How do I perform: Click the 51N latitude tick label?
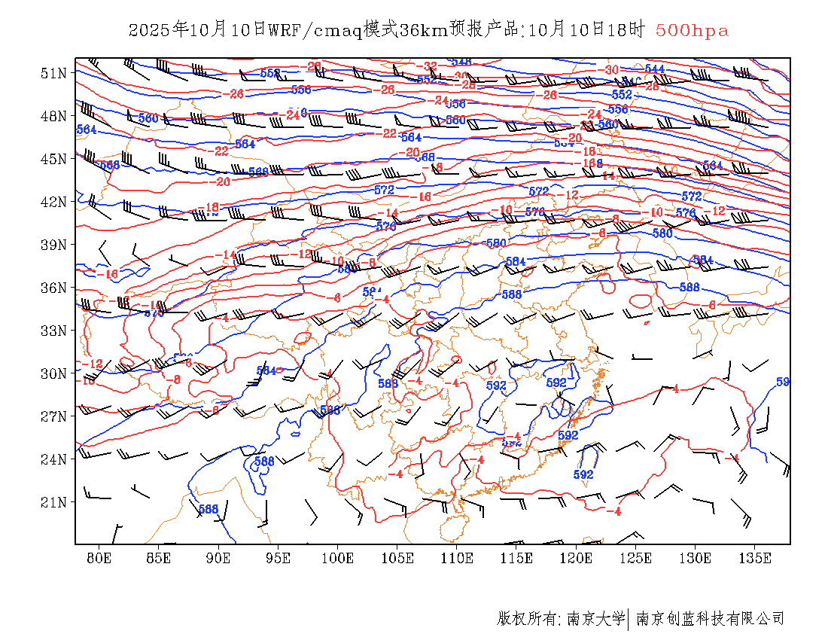(x=53, y=73)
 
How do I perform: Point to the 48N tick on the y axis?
(x=53, y=116)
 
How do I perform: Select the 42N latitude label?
(x=53, y=202)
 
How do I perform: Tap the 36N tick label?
(x=53, y=288)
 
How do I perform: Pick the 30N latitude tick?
(x=53, y=373)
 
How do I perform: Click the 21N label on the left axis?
(x=53, y=502)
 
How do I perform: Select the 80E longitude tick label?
(x=99, y=558)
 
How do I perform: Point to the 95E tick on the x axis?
(x=279, y=558)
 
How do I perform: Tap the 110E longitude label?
(x=457, y=558)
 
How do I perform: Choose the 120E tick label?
(x=577, y=558)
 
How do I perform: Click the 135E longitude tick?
(x=755, y=558)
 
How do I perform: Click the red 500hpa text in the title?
(x=692, y=31)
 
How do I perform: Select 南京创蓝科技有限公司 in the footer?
(x=710, y=619)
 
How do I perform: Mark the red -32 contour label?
(x=431, y=66)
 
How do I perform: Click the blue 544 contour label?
(x=654, y=69)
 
